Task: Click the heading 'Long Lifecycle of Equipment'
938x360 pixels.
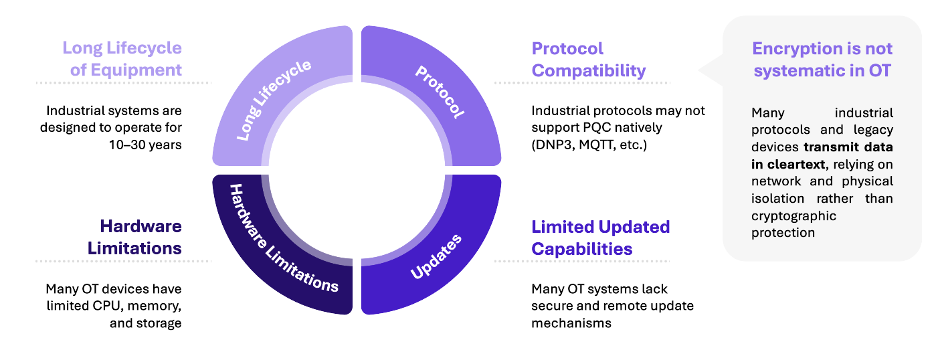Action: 122,59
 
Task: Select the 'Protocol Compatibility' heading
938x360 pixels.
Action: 588,60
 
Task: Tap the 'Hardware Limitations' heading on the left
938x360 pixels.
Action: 135,237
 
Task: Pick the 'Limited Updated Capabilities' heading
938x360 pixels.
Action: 601,238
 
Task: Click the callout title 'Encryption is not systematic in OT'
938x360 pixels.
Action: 822,60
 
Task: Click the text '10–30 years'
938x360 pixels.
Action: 145,145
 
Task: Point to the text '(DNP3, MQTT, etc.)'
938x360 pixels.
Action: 589,145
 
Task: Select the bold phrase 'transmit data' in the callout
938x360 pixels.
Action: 848,147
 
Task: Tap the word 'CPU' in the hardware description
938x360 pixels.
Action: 109,306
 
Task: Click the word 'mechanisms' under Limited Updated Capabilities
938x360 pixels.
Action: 571,323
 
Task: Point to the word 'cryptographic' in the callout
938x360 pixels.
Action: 793,216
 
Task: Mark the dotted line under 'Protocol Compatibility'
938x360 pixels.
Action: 583,83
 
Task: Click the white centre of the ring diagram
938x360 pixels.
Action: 357,170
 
